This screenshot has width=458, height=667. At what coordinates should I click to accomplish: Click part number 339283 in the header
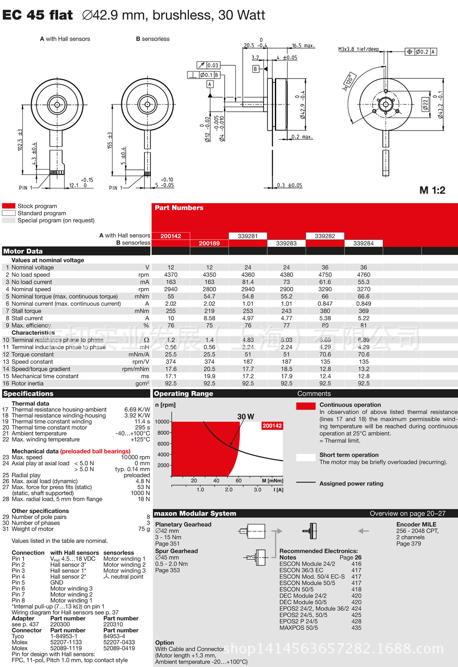click(286, 243)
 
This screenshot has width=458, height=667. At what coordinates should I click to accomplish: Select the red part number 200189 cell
click(209, 243)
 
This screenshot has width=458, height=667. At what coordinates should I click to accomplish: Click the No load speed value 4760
click(363, 275)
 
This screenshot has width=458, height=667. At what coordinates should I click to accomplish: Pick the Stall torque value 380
click(325, 311)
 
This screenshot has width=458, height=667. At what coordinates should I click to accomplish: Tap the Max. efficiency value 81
click(363, 325)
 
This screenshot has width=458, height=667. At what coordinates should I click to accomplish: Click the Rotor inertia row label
click(28, 383)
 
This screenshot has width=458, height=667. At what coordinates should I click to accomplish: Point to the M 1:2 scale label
click(432, 190)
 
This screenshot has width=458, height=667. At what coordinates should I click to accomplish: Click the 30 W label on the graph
click(245, 417)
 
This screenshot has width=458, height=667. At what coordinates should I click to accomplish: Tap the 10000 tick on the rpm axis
click(162, 422)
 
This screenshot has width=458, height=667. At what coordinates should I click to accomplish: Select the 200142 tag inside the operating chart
click(272, 426)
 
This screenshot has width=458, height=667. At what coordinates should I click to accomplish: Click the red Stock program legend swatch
click(9, 206)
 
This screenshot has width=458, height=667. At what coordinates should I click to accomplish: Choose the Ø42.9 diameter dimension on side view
click(303, 105)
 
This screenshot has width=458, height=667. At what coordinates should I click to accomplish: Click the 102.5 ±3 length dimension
click(20, 140)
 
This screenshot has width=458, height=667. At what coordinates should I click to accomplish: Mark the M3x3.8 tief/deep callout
click(358, 49)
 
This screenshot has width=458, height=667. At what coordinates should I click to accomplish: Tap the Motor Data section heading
click(23, 251)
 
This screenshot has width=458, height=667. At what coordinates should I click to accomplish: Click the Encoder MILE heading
click(416, 525)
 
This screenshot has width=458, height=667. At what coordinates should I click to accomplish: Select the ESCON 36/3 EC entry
click(301, 570)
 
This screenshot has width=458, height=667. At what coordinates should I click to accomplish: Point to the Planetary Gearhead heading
click(183, 525)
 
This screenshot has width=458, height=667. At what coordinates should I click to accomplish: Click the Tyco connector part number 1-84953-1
click(64, 636)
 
